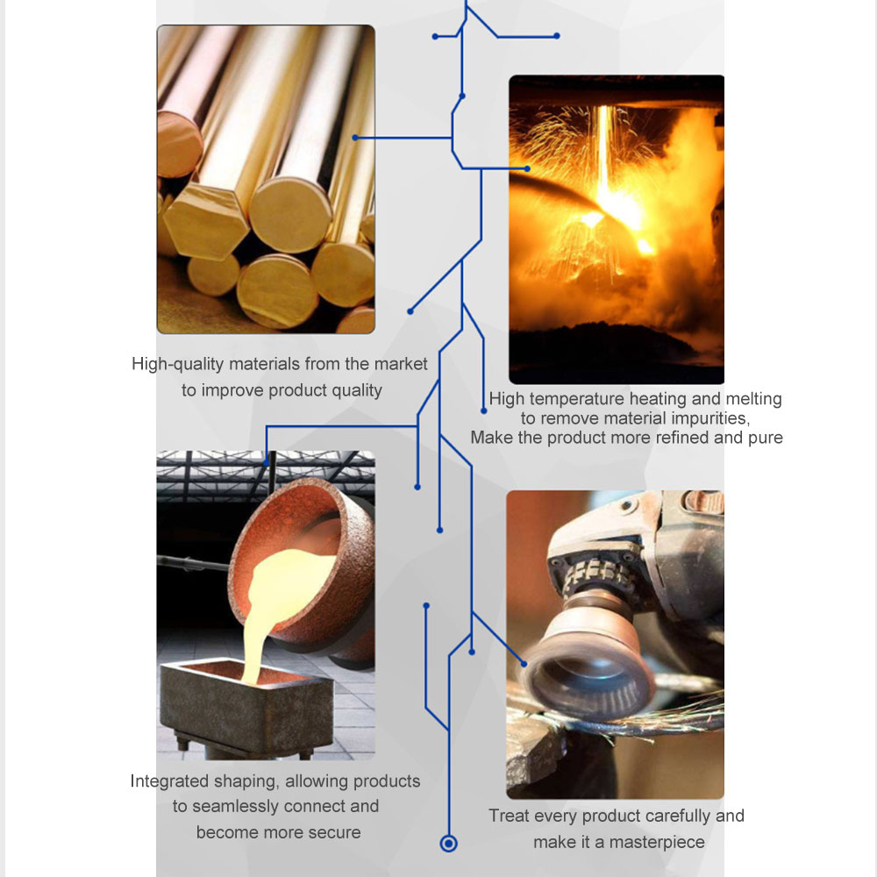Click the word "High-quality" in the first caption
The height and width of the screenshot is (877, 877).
tap(178, 365)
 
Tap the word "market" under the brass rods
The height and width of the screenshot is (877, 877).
tap(401, 364)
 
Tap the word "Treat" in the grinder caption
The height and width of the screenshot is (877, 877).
tap(509, 816)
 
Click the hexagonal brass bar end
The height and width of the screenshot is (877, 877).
tap(205, 222)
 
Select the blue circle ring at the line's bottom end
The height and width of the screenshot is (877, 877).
tap(448, 844)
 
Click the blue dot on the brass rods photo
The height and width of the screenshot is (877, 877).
tap(355, 138)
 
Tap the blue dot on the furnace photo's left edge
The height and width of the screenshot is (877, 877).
tap(527, 168)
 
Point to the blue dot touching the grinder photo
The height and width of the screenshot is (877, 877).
tap(524, 664)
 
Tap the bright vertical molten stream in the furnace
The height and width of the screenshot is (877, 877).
tap(605, 157)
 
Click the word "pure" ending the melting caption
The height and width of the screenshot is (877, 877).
tap(765, 438)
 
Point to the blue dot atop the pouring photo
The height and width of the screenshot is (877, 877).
tap(267, 463)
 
